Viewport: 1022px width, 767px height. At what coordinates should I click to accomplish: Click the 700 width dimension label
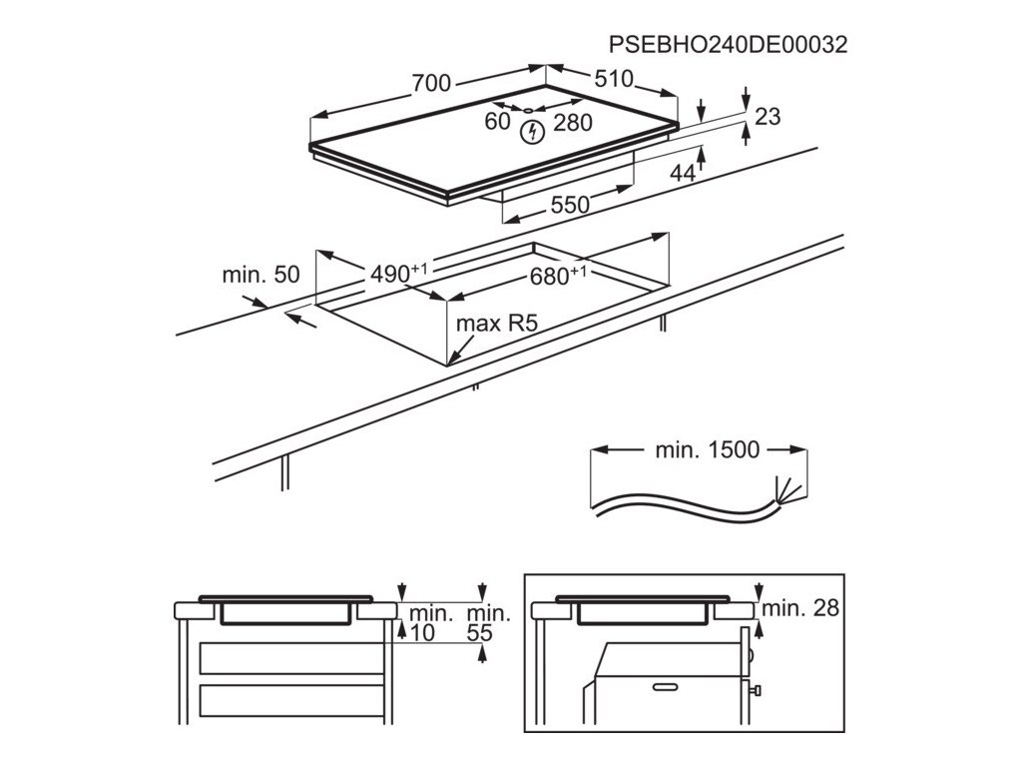click(x=431, y=84)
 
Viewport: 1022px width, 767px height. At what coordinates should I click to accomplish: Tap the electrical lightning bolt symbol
click(x=534, y=131)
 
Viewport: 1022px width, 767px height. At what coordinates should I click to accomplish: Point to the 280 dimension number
click(x=573, y=123)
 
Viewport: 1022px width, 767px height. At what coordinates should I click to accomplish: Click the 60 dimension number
click(x=497, y=122)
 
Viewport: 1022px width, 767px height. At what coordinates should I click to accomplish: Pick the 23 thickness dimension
click(x=766, y=117)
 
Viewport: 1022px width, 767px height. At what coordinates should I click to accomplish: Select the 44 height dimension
click(x=682, y=174)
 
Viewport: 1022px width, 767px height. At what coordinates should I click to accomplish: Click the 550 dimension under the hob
click(x=570, y=205)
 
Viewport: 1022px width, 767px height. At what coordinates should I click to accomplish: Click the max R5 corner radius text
click(x=498, y=324)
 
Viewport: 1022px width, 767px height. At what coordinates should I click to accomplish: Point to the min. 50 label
click(x=259, y=275)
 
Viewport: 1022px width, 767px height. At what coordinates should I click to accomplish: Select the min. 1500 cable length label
click(x=707, y=449)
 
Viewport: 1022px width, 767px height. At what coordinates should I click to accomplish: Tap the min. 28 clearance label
click(x=799, y=607)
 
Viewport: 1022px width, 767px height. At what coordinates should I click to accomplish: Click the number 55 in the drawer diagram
click(x=481, y=632)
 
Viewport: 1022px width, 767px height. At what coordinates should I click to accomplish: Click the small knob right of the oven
click(x=759, y=689)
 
